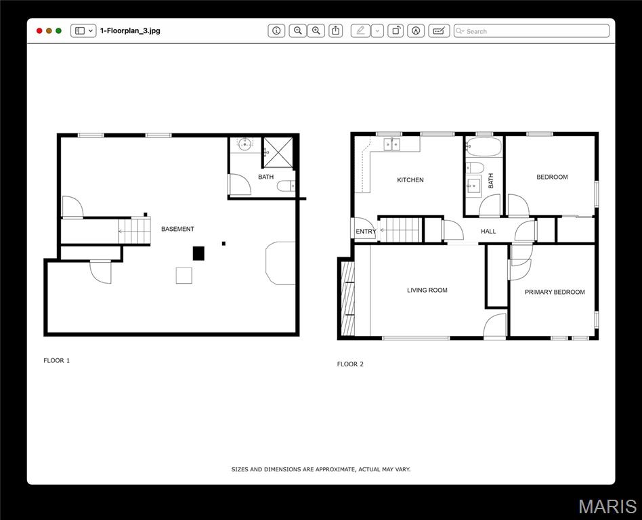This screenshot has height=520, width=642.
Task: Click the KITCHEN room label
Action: click(x=410, y=179)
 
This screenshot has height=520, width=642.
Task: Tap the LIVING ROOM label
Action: click(x=427, y=290)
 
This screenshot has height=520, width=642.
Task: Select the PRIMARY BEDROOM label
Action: click(x=555, y=292)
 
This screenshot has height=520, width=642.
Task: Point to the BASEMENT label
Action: click(x=177, y=229)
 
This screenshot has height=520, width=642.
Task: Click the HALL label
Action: click(x=488, y=232)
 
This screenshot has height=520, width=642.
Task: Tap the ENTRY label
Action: click(x=366, y=232)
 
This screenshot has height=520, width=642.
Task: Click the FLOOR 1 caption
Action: click(x=56, y=361)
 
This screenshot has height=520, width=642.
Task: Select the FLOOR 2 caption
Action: click(x=350, y=364)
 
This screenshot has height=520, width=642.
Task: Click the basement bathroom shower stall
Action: click(x=278, y=153)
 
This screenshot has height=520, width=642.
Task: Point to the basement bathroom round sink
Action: click(x=245, y=144)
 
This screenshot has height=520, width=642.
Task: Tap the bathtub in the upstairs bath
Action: click(x=484, y=147)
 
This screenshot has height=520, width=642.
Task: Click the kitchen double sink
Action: click(x=392, y=144)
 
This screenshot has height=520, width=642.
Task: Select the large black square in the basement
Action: click(x=198, y=253)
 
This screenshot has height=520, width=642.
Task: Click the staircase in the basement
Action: click(x=134, y=231)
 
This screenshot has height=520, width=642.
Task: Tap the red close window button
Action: click(x=39, y=30)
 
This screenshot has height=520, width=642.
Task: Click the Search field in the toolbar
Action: click(x=532, y=31)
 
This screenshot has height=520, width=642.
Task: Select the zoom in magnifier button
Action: click(x=316, y=30)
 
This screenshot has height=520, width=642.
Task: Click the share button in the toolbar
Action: click(x=336, y=30)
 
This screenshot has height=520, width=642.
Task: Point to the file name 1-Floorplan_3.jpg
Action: click(x=130, y=30)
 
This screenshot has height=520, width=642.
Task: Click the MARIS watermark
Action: click(x=607, y=506)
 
